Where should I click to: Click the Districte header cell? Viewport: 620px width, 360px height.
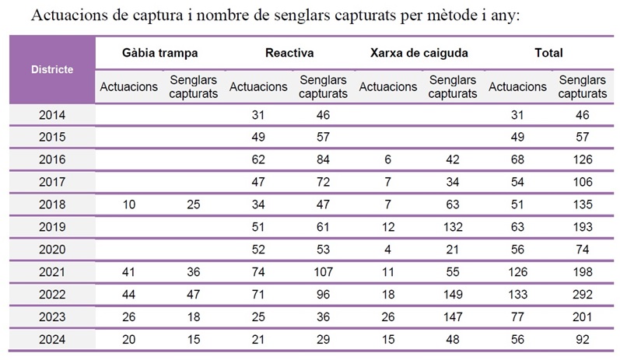(52, 69)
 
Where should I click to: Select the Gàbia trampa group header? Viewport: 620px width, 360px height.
(159, 53)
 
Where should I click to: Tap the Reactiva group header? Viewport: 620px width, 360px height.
(289, 53)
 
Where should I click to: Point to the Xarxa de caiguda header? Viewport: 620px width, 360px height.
(419, 53)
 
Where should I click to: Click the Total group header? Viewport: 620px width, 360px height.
(548, 53)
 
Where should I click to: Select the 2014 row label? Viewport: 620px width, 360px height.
(52, 115)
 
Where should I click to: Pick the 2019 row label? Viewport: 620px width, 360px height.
(52, 227)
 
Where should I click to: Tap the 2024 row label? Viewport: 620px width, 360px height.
(52, 339)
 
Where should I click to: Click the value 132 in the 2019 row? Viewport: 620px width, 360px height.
(452, 227)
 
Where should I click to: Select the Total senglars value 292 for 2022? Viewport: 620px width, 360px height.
(582, 294)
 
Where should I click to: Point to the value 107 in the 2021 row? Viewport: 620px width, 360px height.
(322, 272)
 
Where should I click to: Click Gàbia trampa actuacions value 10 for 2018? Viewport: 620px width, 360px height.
(128, 204)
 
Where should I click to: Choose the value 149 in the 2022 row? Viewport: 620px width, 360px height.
(452, 294)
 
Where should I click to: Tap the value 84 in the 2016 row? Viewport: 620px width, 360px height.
(322, 159)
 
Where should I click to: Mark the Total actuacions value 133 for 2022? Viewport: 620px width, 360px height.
(517, 294)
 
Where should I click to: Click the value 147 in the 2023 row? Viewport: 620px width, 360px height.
(452, 316)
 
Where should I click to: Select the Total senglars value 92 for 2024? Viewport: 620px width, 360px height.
(582, 339)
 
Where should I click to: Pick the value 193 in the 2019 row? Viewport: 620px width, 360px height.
(582, 227)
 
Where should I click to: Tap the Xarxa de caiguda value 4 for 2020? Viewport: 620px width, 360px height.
(387, 250)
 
